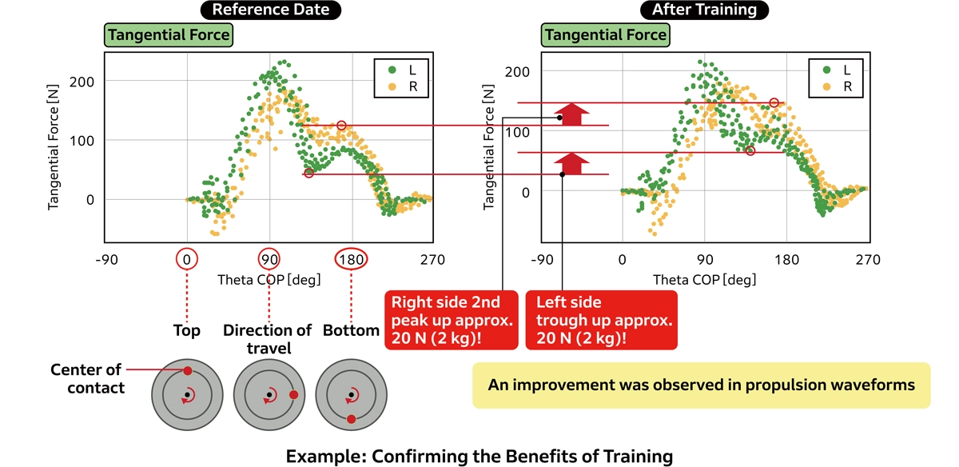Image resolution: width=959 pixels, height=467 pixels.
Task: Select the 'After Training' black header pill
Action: pyautogui.click(x=703, y=10)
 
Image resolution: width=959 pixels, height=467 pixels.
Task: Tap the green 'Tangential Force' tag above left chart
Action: pyautogui.click(x=169, y=35)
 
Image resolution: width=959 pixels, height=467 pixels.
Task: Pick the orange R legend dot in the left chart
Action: pyautogui.click(x=392, y=86)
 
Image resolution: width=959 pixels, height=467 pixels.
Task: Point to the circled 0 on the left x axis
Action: pyautogui.click(x=187, y=259)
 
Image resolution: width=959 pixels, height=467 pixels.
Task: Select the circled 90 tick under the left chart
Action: pyautogui.click(x=269, y=259)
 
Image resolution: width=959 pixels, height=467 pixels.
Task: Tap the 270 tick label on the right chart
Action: pyautogui.click(x=867, y=259)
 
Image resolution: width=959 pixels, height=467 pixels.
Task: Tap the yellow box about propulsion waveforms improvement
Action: pyautogui.click(x=701, y=385)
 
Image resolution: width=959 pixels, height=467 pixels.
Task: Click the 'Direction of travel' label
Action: pyautogui.click(x=268, y=339)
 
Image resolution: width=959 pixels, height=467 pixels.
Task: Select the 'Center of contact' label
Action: pyautogui.click(x=86, y=379)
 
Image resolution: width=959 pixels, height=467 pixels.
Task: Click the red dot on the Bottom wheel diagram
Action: pyautogui.click(x=351, y=419)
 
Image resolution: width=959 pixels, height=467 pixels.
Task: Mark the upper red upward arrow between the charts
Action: pyautogui.click(x=571, y=114)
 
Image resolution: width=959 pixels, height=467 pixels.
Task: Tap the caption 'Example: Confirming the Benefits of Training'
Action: pyautogui.click(x=479, y=456)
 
